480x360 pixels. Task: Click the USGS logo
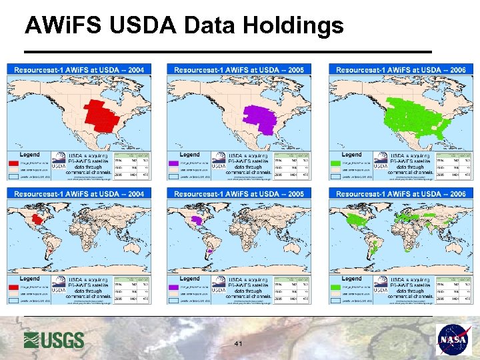click(54, 339)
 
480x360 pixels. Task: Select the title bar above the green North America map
click(401, 69)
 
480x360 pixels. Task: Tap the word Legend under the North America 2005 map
click(189, 155)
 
